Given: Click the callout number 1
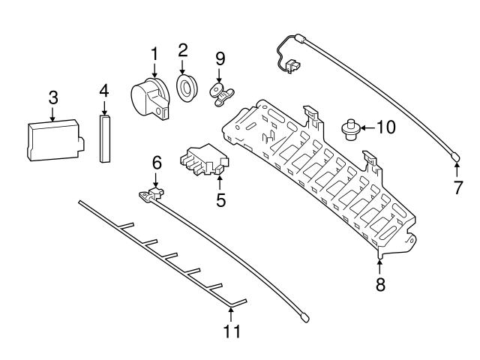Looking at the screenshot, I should (154, 54).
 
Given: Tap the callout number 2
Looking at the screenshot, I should (181, 51).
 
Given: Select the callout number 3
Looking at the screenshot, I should (52, 97).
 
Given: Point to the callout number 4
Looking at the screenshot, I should (104, 91).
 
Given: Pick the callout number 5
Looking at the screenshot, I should (220, 200).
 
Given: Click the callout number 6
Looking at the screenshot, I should (156, 161).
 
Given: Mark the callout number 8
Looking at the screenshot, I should (380, 284).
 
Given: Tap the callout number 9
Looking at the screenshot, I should (220, 58).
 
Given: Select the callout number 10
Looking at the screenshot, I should (385, 127).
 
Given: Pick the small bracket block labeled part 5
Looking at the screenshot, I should (201, 161).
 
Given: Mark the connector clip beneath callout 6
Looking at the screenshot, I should (154, 193).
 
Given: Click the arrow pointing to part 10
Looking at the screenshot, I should (366, 127).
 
